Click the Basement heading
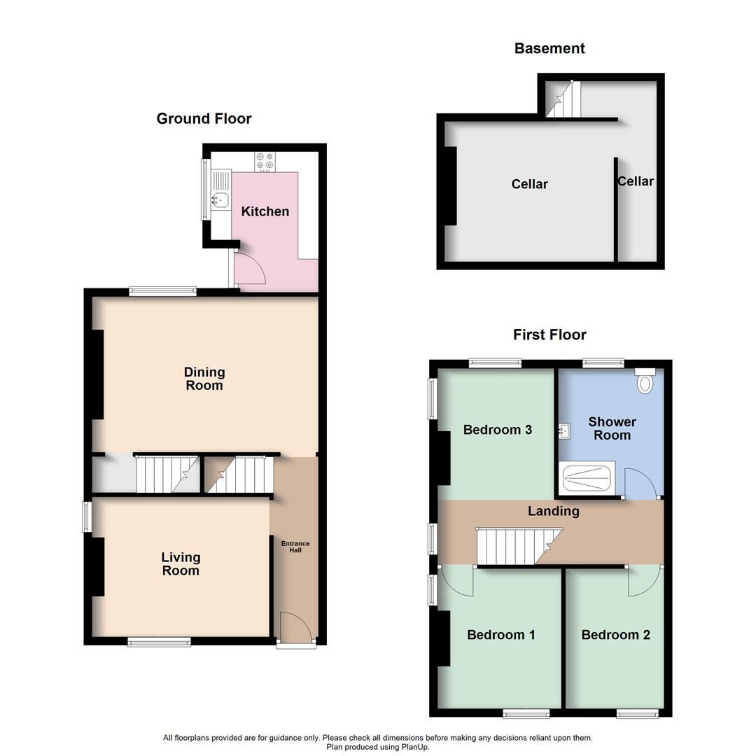(549, 48)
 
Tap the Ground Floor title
(204, 118)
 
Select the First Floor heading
(549, 335)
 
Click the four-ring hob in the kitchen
(265, 162)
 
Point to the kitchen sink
(220, 199)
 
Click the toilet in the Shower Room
(645, 381)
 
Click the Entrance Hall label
(295, 547)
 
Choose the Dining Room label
(204, 379)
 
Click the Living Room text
(181, 563)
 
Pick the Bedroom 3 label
(498, 430)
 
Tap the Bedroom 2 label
(615, 635)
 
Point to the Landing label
(553, 511)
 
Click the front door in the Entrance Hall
(294, 626)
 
